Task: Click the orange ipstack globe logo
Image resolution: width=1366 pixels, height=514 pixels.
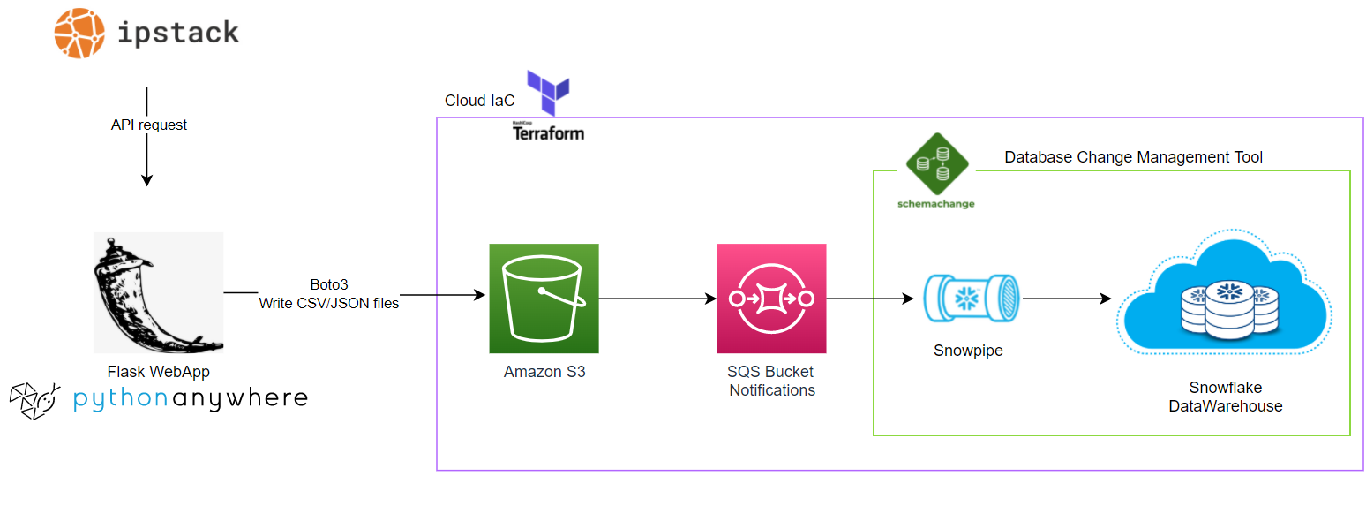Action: coord(79,33)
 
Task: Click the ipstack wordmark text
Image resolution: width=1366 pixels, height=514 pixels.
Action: coord(178,33)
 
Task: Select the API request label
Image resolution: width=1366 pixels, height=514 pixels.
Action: coord(148,125)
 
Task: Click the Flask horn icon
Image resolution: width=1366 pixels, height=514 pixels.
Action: coord(158,292)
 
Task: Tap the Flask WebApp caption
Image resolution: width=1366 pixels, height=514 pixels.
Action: coord(157,371)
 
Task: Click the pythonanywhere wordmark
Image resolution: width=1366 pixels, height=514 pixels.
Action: coord(190,399)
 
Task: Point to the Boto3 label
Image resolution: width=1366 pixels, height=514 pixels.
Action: coord(328,285)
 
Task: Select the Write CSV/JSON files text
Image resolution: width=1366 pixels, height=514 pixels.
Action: coord(328,304)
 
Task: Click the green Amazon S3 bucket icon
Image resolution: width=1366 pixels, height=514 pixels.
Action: coord(544,299)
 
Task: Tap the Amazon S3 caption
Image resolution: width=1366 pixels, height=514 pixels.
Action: coord(544,372)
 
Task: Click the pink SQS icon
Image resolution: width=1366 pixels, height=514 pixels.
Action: coord(771,299)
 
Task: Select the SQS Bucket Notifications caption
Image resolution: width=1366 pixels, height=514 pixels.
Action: coord(771,381)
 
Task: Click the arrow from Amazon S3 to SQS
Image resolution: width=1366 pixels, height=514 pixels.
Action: coord(657,299)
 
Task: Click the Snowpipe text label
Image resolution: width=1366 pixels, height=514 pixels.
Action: coord(968,351)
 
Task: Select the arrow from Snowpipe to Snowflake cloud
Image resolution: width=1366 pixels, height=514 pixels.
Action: coord(1066,299)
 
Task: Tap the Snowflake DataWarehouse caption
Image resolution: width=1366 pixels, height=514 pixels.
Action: coord(1225,397)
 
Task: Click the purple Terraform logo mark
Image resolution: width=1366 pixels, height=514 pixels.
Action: coord(548,93)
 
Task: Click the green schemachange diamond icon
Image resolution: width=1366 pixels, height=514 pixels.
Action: coord(937,164)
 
